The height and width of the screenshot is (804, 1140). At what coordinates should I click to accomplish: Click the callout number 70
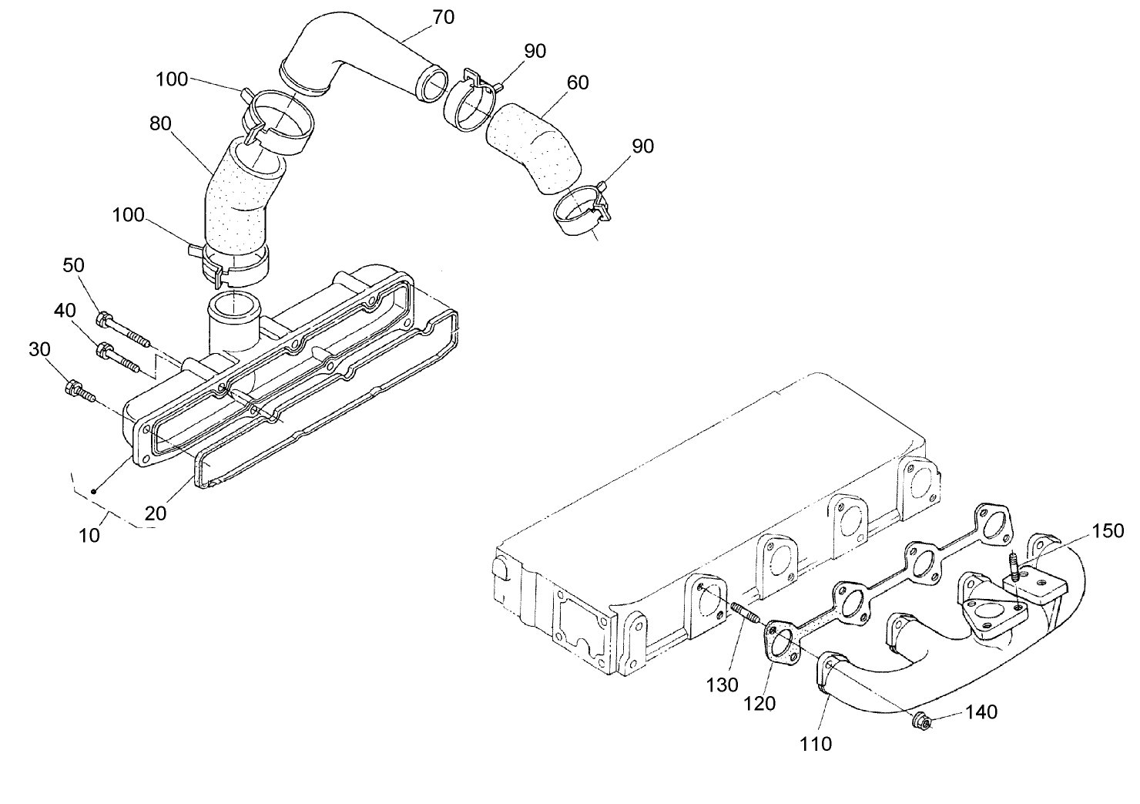(443, 16)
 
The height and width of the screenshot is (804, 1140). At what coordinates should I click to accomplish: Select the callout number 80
(160, 123)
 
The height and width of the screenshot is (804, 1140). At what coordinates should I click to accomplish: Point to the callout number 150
(1108, 530)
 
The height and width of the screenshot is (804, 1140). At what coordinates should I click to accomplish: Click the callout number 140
(981, 712)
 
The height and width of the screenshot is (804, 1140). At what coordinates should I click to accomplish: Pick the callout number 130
(723, 685)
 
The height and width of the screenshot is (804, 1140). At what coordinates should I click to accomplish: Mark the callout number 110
(816, 743)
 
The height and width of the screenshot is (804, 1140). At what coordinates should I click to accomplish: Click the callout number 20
(156, 513)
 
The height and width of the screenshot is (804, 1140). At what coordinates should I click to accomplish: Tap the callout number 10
(89, 534)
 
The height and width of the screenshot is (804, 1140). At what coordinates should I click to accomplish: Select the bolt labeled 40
(118, 358)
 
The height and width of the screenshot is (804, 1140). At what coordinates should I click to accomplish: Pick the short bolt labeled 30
(81, 391)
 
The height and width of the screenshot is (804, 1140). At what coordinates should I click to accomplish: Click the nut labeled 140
(920, 722)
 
